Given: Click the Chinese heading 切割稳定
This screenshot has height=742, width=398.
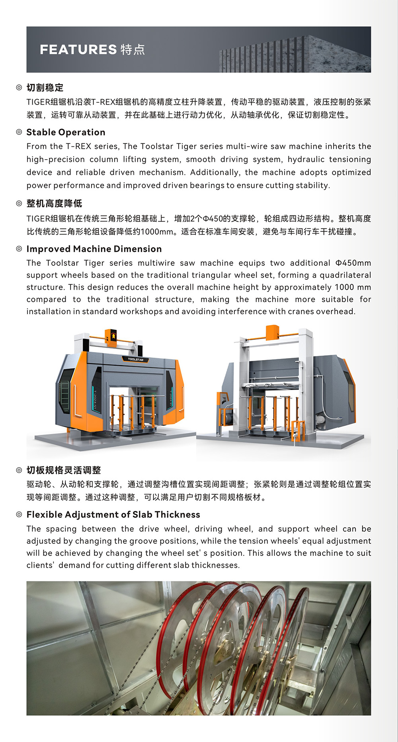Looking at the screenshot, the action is tap(45, 88).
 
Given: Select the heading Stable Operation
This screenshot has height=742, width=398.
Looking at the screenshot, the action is tap(66, 132).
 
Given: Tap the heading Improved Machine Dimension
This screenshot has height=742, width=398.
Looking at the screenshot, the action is tap(94, 249).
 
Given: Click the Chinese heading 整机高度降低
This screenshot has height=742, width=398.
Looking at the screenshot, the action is tap(54, 204).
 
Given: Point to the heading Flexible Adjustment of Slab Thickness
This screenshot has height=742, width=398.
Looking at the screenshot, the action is tap(113, 514).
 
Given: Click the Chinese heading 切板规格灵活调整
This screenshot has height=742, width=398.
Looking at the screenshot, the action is tap(64, 470).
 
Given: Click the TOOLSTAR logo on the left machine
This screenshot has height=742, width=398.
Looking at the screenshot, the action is tap(135, 359).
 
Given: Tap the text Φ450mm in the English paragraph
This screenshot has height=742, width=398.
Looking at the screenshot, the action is tap(353, 263).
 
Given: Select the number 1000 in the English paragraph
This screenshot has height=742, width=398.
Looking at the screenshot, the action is tap(345, 287).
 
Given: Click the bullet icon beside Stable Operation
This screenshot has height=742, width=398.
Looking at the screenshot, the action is tap(19, 132).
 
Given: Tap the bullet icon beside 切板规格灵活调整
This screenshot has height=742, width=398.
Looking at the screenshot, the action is tap(19, 470).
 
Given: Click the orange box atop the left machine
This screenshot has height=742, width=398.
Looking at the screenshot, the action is tap(111, 336).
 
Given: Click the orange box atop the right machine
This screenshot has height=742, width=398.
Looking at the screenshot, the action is tap(273, 333).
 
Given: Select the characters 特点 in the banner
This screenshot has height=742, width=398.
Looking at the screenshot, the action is tap(133, 49).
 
